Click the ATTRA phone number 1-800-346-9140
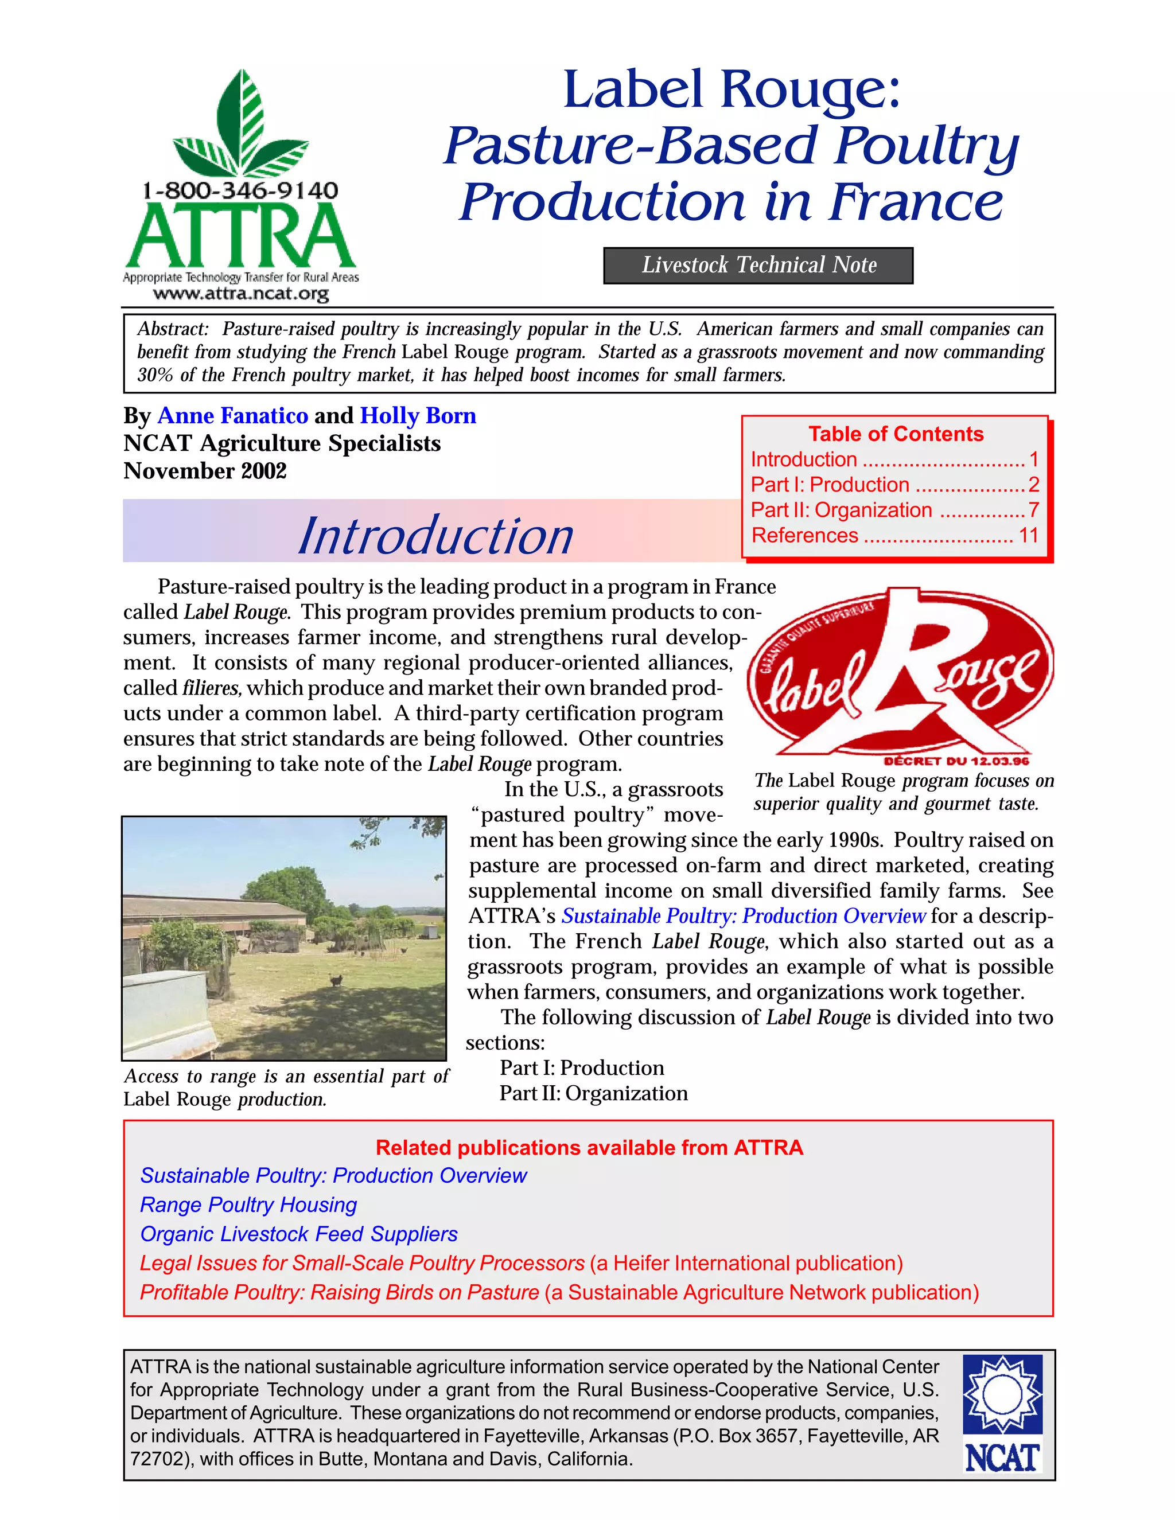coord(240,190)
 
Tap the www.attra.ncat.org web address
coord(241,294)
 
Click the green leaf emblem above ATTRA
coord(241,125)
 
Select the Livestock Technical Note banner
coord(758,265)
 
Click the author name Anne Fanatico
coord(232,415)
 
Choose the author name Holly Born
coord(418,415)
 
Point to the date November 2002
coord(205,471)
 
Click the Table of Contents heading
coord(896,434)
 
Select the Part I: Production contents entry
coord(830,485)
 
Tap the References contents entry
coord(805,535)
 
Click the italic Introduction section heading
coord(436,536)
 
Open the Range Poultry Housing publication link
coord(248,1205)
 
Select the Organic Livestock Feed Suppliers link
coord(298,1234)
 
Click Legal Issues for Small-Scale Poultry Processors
coord(362,1263)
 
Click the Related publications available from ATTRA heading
coord(589,1147)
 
